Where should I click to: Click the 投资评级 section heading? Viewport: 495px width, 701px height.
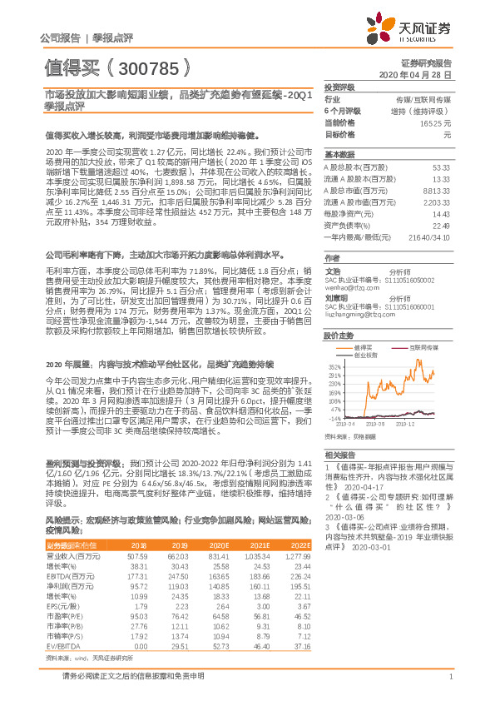(x=339, y=87)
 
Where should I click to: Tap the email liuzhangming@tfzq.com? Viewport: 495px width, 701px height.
(x=359, y=315)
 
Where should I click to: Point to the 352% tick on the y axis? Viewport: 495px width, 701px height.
(x=334, y=365)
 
